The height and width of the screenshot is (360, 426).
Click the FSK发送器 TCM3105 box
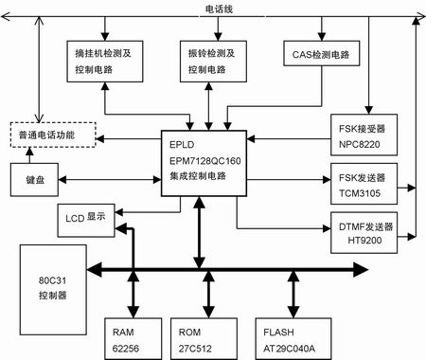[364, 181]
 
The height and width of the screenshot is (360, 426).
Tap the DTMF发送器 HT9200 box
[364, 232]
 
